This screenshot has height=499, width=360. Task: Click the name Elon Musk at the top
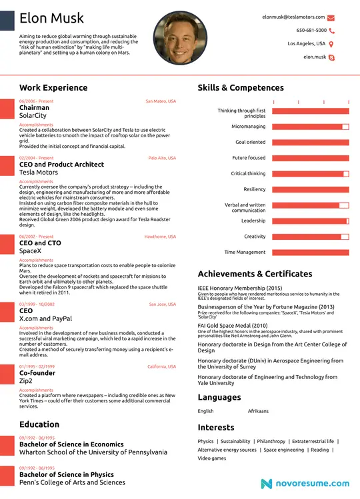coord(52,18)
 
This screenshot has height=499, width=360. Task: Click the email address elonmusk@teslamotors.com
coord(293,17)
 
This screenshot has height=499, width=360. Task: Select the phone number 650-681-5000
coord(311,30)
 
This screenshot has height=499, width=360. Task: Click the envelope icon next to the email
coord(331,17)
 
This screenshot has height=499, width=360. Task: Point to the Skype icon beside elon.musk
coord(331,57)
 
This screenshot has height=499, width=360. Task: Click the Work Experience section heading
coord(53,87)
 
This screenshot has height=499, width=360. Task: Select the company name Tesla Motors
coord(39,173)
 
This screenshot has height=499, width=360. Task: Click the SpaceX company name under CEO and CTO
coord(31,251)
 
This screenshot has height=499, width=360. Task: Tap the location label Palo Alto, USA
coord(162,158)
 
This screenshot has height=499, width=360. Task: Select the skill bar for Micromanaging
coord(310,126)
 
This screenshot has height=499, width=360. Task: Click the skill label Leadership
coord(253,221)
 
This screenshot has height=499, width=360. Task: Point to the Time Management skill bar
coord(310,252)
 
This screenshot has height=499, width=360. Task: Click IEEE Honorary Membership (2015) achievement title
coord(239,288)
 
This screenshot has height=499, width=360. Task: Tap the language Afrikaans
coord(258,411)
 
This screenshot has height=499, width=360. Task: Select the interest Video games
coord(212,458)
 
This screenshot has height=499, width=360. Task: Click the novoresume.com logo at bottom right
coord(305,483)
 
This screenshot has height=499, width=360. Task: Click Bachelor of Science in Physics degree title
coord(67,474)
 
